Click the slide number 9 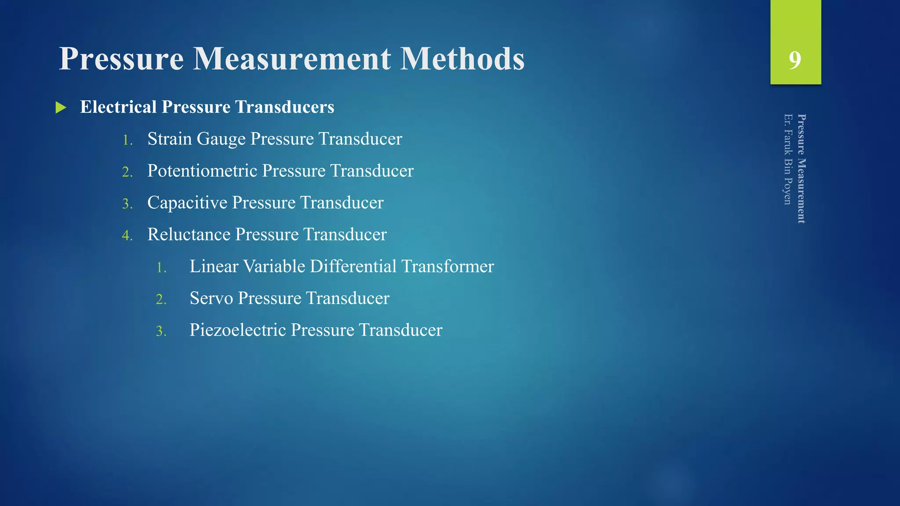coord(795,60)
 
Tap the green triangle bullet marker coord(61,108)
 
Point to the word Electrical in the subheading coord(118,107)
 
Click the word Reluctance coord(189,235)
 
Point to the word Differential coord(353,267)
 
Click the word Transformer coord(447,267)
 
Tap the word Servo coord(211,298)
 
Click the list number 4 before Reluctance coord(127,235)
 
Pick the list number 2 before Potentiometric coord(127,172)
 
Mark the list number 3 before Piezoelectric coord(161,331)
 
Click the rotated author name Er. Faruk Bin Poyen coord(788,159)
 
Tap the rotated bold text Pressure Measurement coord(802,169)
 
